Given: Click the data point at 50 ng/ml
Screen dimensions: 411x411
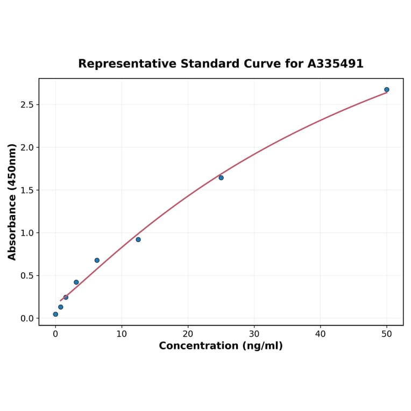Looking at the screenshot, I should pyautogui.click(x=387, y=90).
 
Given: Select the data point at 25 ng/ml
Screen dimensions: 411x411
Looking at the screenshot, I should pyautogui.click(x=221, y=178).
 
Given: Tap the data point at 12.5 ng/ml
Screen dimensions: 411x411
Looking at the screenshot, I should pyautogui.click(x=138, y=239).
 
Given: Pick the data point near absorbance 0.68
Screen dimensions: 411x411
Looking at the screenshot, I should pyautogui.click(x=97, y=260).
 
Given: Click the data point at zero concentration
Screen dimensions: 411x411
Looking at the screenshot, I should pyautogui.click(x=55, y=314).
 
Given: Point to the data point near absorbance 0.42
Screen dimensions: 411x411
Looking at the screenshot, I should pyautogui.click(x=76, y=282).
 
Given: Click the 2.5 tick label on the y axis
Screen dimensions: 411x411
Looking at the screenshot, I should pyautogui.click(x=26, y=104).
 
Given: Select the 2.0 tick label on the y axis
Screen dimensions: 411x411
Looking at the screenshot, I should pyautogui.click(x=26, y=147).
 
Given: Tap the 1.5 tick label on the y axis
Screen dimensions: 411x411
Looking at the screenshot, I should pyautogui.click(x=26, y=190).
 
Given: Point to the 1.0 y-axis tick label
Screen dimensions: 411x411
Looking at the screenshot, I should pyautogui.click(x=26, y=233).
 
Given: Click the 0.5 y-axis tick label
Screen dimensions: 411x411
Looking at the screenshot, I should pyautogui.click(x=26, y=275).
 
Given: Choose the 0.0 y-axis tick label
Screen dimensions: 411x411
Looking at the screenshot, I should pyautogui.click(x=26, y=318).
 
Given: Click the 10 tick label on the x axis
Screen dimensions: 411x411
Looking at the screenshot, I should pyautogui.click(x=122, y=334).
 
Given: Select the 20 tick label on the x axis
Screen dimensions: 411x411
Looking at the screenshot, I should pyautogui.click(x=188, y=334).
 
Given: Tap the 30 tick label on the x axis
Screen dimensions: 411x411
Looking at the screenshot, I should pyautogui.click(x=254, y=334).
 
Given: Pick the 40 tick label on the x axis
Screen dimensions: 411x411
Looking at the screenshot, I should pyautogui.click(x=321, y=334).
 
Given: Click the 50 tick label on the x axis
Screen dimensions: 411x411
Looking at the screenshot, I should pyautogui.click(x=387, y=334).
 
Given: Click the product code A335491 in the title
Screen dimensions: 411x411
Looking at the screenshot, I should pyautogui.click(x=335, y=64).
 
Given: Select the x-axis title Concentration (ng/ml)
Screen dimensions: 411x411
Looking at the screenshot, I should pyautogui.click(x=221, y=346).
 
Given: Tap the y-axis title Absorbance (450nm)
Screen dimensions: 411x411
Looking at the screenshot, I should pyautogui.click(x=12, y=202).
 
